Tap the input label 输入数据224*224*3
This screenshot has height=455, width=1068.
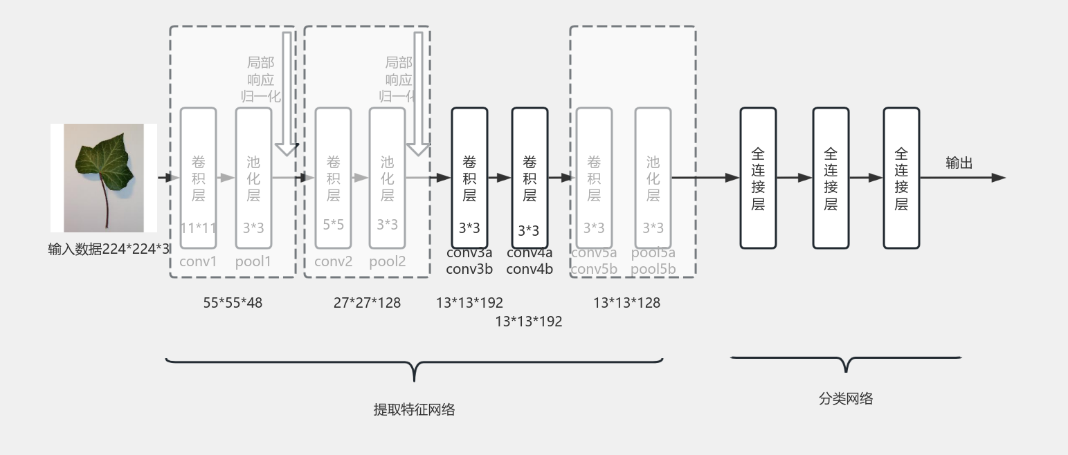(109, 249)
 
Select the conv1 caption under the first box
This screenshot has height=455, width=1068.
(198, 261)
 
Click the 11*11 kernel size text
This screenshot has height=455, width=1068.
(199, 228)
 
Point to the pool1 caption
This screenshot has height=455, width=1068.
(253, 261)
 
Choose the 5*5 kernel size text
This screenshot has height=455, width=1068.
(333, 225)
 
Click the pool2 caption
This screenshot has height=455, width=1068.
(387, 261)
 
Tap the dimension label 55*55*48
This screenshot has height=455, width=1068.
(233, 302)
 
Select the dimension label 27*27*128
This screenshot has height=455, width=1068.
(367, 302)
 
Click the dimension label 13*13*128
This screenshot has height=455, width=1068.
(626, 302)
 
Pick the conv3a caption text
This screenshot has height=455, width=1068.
(469, 253)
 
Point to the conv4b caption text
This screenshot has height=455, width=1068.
(530, 269)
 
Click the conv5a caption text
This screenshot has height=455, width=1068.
(594, 253)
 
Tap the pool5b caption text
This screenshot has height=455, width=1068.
(653, 269)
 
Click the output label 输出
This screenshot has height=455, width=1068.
(959, 163)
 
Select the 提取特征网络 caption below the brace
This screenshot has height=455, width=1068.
(414, 409)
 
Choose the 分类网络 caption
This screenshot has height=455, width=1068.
(846, 398)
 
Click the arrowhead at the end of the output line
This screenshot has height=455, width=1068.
(998, 178)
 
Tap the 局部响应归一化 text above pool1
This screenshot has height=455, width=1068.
(261, 80)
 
